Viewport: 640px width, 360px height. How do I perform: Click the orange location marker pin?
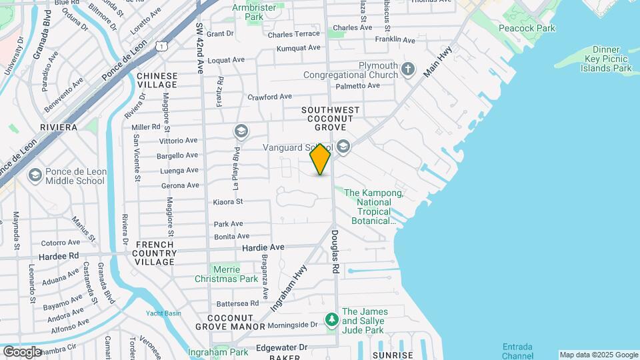[320, 159]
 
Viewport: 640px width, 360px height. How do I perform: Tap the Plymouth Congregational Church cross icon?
[408, 68]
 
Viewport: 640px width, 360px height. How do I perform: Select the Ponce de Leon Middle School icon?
[35, 176]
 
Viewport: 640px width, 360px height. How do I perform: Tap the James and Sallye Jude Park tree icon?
[331, 321]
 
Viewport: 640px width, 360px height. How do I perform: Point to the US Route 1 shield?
[161, 45]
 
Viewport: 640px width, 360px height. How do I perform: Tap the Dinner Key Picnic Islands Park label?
[605, 59]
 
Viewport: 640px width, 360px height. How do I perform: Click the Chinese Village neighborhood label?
[157, 80]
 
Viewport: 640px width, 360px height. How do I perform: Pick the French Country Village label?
[155, 253]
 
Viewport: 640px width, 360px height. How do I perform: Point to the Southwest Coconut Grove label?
[331, 119]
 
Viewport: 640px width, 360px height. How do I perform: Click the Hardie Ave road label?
[263, 247]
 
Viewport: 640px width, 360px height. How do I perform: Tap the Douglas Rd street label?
[335, 251]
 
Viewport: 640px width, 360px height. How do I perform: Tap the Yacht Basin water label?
[163, 313]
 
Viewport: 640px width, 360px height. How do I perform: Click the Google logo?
[22, 351]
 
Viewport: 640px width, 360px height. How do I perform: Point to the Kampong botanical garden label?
[373, 207]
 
